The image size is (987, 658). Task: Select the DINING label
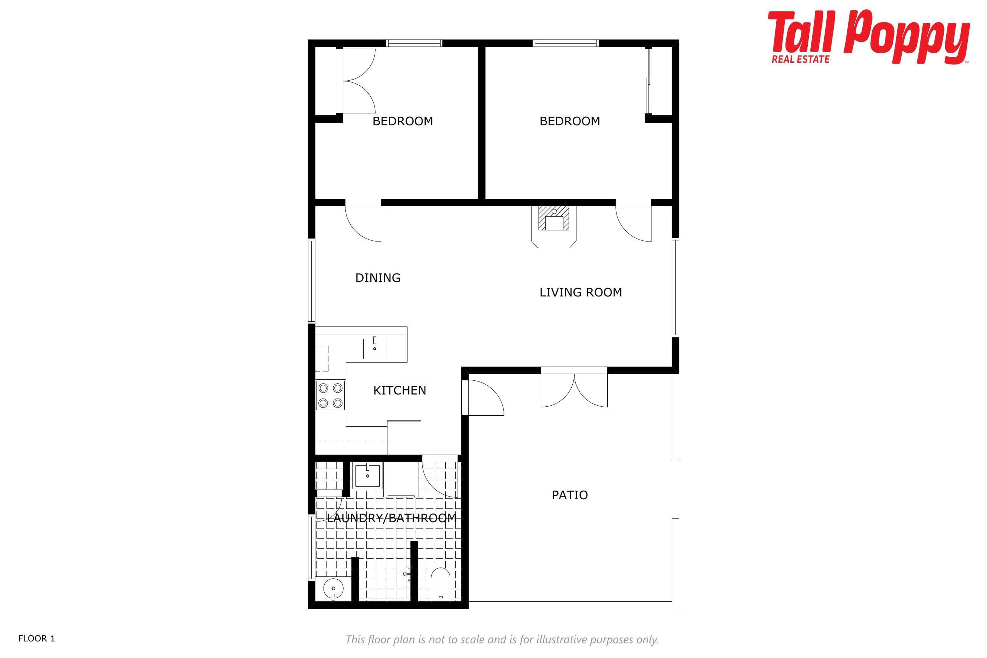click(x=378, y=278)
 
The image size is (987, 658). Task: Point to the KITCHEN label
click(x=399, y=390)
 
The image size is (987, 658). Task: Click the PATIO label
click(x=570, y=495)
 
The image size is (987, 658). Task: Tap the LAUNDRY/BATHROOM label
click(x=391, y=518)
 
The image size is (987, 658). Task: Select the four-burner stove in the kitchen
click(x=330, y=395)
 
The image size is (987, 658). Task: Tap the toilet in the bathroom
click(x=440, y=584)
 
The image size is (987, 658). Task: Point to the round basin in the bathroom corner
click(x=334, y=589)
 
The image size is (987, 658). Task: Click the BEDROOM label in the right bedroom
click(x=570, y=121)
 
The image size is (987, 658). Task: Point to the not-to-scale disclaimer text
click(x=502, y=639)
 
